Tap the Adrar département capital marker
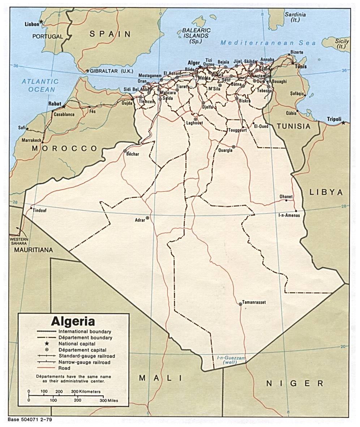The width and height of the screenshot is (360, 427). [x=147, y=218]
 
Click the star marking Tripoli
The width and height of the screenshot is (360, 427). [x=343, y=123]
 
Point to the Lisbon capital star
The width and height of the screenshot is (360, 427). [x=41, y=22]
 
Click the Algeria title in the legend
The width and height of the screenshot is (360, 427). [x=73, y=321]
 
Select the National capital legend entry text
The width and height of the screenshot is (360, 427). [x=77, y=344]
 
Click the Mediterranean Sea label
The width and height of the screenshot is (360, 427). [x=268, y=43]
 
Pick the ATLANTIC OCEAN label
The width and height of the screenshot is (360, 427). [x=40, y=85]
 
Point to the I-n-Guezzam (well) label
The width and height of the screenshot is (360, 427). [x=231, y=360]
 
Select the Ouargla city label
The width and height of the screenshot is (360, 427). [x=226, y=150]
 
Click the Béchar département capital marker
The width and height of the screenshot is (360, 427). [x=125, y=151]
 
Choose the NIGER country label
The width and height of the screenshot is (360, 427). [x=295, y=383]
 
